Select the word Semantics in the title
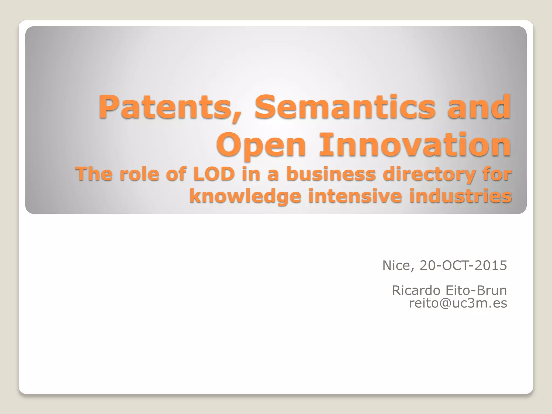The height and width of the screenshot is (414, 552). pyautogui.click(x=345, y=107)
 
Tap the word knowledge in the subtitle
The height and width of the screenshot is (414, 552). pyautogui.click(x=245, y=196)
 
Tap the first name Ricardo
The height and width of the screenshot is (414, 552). pyautogui.click(x=416, y=291)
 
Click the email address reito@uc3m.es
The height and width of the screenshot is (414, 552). pyautogui.click(x=458, y=303)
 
